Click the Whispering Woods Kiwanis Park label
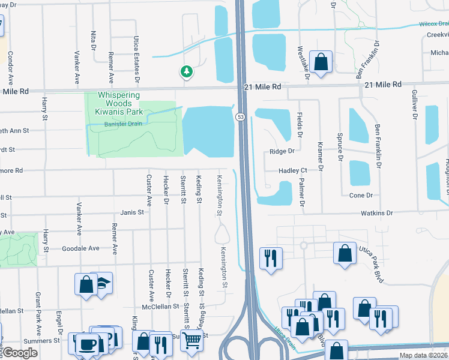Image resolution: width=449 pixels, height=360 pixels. coord(119,104)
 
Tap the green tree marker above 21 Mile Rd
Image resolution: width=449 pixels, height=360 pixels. coord(187,72)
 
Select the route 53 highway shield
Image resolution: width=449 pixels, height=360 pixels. coord(240,116)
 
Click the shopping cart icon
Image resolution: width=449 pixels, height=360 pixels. coord(191,340)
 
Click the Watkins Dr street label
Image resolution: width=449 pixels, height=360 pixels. coord(376,213)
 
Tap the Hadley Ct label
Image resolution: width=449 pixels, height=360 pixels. coord(292,171)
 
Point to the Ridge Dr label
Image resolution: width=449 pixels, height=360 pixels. coord(282,151)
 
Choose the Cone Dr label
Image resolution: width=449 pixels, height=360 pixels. coord(361,196)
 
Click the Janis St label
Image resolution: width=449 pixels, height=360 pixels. coord(132,212)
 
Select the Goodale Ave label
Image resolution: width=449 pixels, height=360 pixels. coord(80,248)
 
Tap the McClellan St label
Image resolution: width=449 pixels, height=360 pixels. coord(159,306)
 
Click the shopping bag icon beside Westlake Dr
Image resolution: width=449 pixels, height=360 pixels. coord(321,62)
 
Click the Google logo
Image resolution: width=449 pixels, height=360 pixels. coord(20,353)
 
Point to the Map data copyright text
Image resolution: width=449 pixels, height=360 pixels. coord(423,355)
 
